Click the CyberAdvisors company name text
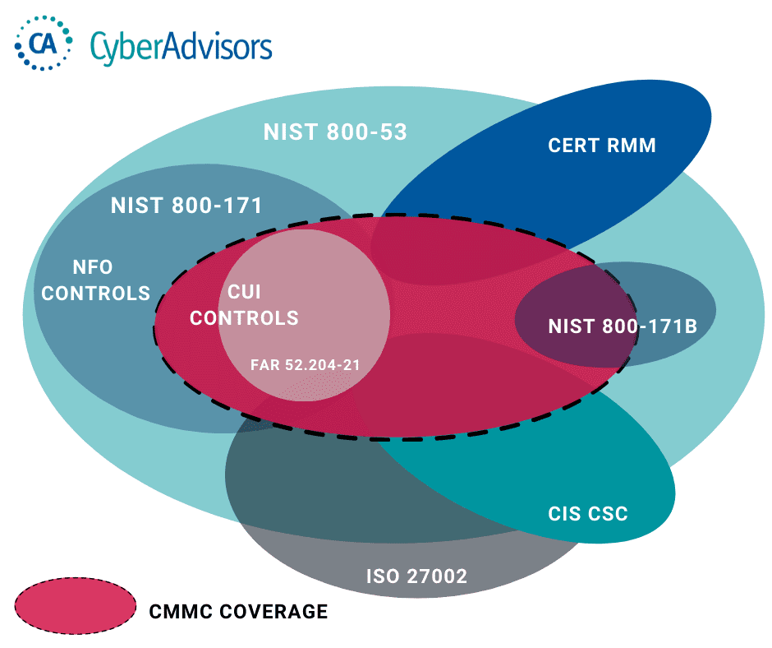click(181, 45)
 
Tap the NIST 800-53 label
click(335, 132)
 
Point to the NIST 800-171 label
click(186, 206)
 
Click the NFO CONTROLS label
click(96, 280)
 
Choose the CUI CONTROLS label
click(245, 305)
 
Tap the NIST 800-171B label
click(623, 326)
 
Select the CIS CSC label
click(587, 515)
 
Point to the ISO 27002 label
click(416, 576)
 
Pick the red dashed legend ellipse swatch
click(76, 610)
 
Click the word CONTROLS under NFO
click(96, 293)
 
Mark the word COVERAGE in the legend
click(272, 612)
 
